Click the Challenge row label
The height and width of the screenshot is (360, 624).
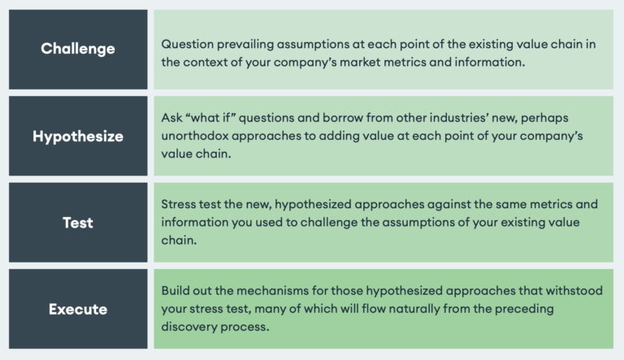coord(78,49)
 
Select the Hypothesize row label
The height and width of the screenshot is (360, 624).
coord(78,136)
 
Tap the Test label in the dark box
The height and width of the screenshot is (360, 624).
coord(78,222)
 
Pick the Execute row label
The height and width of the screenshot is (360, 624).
coord(78,309)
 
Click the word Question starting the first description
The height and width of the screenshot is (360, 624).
coord(186,44)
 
